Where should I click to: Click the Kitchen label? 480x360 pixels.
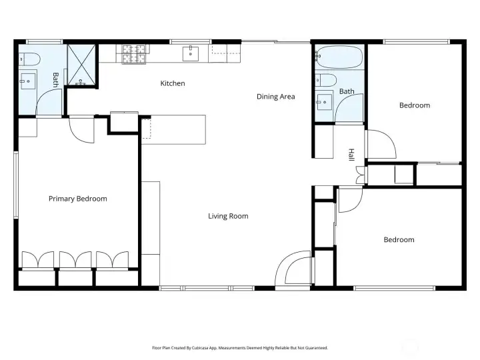point(173,83)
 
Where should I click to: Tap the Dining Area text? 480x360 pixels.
point(276,97)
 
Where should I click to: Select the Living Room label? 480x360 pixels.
point(228,216)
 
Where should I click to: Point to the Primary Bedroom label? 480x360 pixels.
point(78,199)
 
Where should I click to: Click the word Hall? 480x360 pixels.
point(351,155)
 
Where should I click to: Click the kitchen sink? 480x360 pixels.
point(191,53)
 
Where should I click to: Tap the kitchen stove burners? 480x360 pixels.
point(134,54)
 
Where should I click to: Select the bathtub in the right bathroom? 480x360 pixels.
point(339,57)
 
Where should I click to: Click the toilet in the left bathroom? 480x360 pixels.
point(29,59)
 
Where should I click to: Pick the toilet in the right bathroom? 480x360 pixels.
point(326,80)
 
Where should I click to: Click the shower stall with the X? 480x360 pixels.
point(81,65)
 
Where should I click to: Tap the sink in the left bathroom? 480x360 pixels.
point(27,81)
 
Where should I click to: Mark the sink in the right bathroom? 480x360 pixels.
point(324,102)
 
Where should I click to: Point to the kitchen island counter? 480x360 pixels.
point(173,129)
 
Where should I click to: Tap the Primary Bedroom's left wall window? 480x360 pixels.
point(15,185)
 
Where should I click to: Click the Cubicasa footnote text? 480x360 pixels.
point(240,348)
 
